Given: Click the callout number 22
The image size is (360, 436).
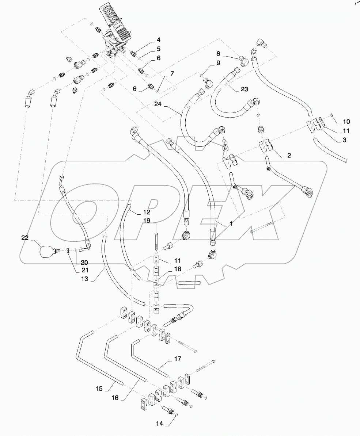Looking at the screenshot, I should pos(24,238).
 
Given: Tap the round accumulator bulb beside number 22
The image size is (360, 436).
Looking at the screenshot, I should pos(46,251).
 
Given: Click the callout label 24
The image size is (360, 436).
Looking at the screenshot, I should pos(158,104).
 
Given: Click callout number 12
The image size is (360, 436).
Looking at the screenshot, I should pos(146,212).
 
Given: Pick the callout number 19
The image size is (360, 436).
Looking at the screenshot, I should pos(146,221).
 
